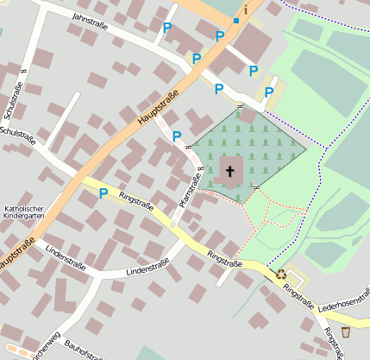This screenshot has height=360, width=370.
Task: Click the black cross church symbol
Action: pos(230,171)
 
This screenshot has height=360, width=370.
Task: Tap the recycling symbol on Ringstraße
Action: pos(281,275)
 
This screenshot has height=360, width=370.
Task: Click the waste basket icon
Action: pos(346,332)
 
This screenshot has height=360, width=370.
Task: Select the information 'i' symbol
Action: pos(245,9)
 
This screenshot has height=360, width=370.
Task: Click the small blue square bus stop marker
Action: pos(235,20)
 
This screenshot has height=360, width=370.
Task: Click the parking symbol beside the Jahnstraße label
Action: pos(166,28)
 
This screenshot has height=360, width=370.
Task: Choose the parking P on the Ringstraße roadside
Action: pos(103,193)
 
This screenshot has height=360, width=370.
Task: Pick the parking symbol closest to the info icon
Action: pos(220,35)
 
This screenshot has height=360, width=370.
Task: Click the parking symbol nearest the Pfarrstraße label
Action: pos(177,136)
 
